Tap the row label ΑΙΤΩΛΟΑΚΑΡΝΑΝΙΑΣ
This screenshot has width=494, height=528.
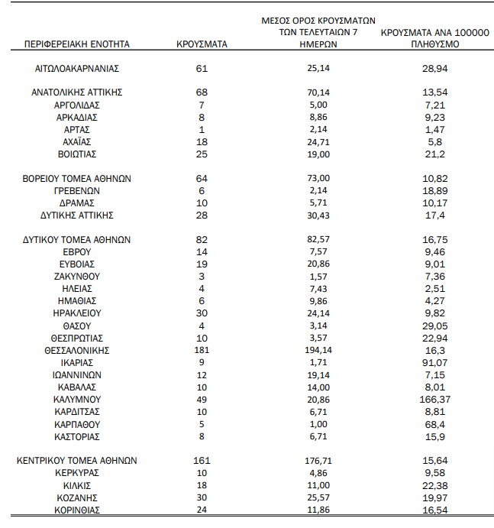point(78,69)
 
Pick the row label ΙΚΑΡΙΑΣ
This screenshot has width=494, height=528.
point(78,362)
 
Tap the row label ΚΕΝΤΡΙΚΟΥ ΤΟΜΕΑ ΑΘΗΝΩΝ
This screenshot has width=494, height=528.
point(78,461)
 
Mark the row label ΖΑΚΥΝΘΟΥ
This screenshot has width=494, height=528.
point(78,276)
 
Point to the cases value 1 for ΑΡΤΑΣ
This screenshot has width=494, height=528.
point(202,129)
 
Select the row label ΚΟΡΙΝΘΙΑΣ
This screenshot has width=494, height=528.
point(78,510)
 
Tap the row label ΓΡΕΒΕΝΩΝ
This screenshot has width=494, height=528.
point(78,190)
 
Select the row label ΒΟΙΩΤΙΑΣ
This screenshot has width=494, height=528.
point(78,154)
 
